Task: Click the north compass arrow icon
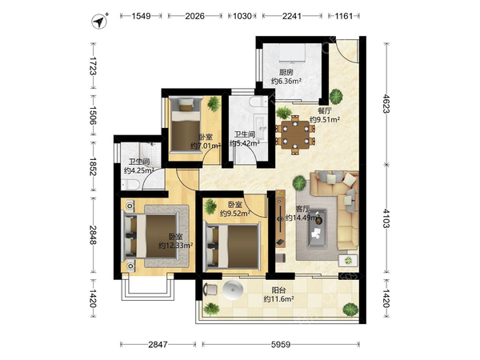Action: point(99,21)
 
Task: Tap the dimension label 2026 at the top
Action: point(194,16)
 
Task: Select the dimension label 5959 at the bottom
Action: point(281,345)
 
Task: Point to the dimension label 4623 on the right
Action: point(386,104)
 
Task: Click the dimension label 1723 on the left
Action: point(93,66)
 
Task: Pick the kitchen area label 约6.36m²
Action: point(286,81)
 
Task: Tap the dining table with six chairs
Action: point(295,134)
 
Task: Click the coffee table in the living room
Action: point(317,228)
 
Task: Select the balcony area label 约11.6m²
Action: point(279,298)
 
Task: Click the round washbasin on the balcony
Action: point(233,290)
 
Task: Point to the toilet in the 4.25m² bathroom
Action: point(130,184)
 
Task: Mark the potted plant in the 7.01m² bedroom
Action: point(214,104)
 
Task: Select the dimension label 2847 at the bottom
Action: point(158,345)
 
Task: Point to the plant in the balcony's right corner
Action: point(350,309)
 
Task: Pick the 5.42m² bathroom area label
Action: point(245,143)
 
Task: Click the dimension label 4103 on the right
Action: point(386,218)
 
